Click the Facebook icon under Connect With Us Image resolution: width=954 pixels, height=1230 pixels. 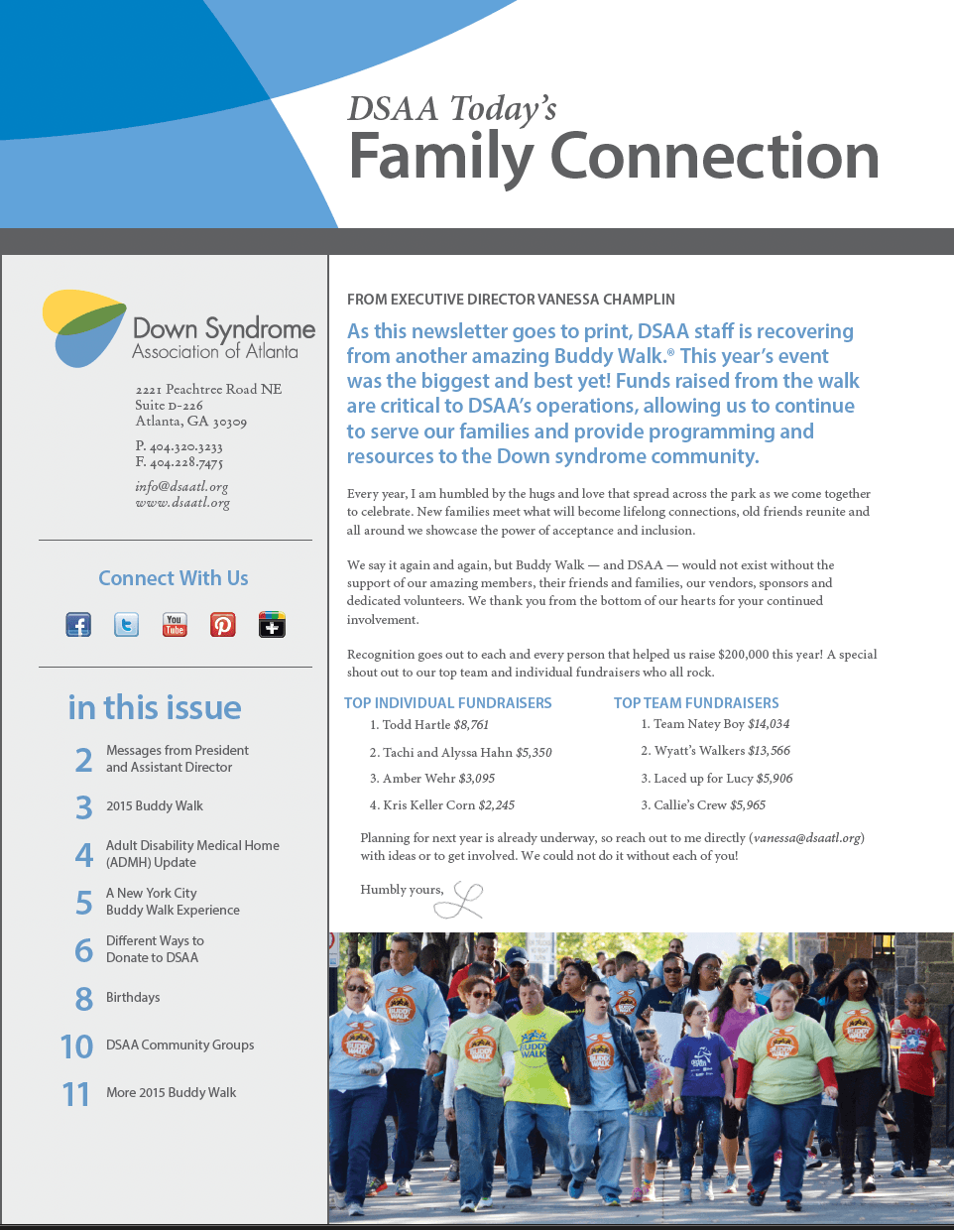coord(78,625)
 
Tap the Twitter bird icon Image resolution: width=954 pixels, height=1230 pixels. coord(127,625)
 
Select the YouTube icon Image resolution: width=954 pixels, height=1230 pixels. coord(175,625)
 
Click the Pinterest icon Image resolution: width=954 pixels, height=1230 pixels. coord(223,625)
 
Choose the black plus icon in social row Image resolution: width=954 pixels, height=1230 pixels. coord(272,625)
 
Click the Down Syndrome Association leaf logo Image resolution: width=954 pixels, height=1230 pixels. coord(82,327)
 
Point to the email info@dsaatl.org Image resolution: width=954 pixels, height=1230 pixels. coord(181,487)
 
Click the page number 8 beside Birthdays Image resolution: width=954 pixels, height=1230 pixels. coord(84,998)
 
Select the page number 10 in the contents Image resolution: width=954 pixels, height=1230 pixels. coord(76,1046)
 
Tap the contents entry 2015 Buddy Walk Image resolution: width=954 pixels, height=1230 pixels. coord(155,806)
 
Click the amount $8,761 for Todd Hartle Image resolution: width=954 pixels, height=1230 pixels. coord(471,725)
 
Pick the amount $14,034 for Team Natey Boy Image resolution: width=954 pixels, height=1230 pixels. coord(769,724)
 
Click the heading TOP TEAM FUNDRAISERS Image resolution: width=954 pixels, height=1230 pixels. coord(696,703)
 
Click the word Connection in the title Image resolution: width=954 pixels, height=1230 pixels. coord(714,157)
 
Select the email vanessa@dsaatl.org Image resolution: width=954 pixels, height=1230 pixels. coord(807,838)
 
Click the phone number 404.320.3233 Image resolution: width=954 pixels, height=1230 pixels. coord(185,447)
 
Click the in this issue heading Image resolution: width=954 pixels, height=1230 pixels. coord(155,707)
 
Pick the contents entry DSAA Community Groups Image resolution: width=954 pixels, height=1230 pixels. coord(179,1045)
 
